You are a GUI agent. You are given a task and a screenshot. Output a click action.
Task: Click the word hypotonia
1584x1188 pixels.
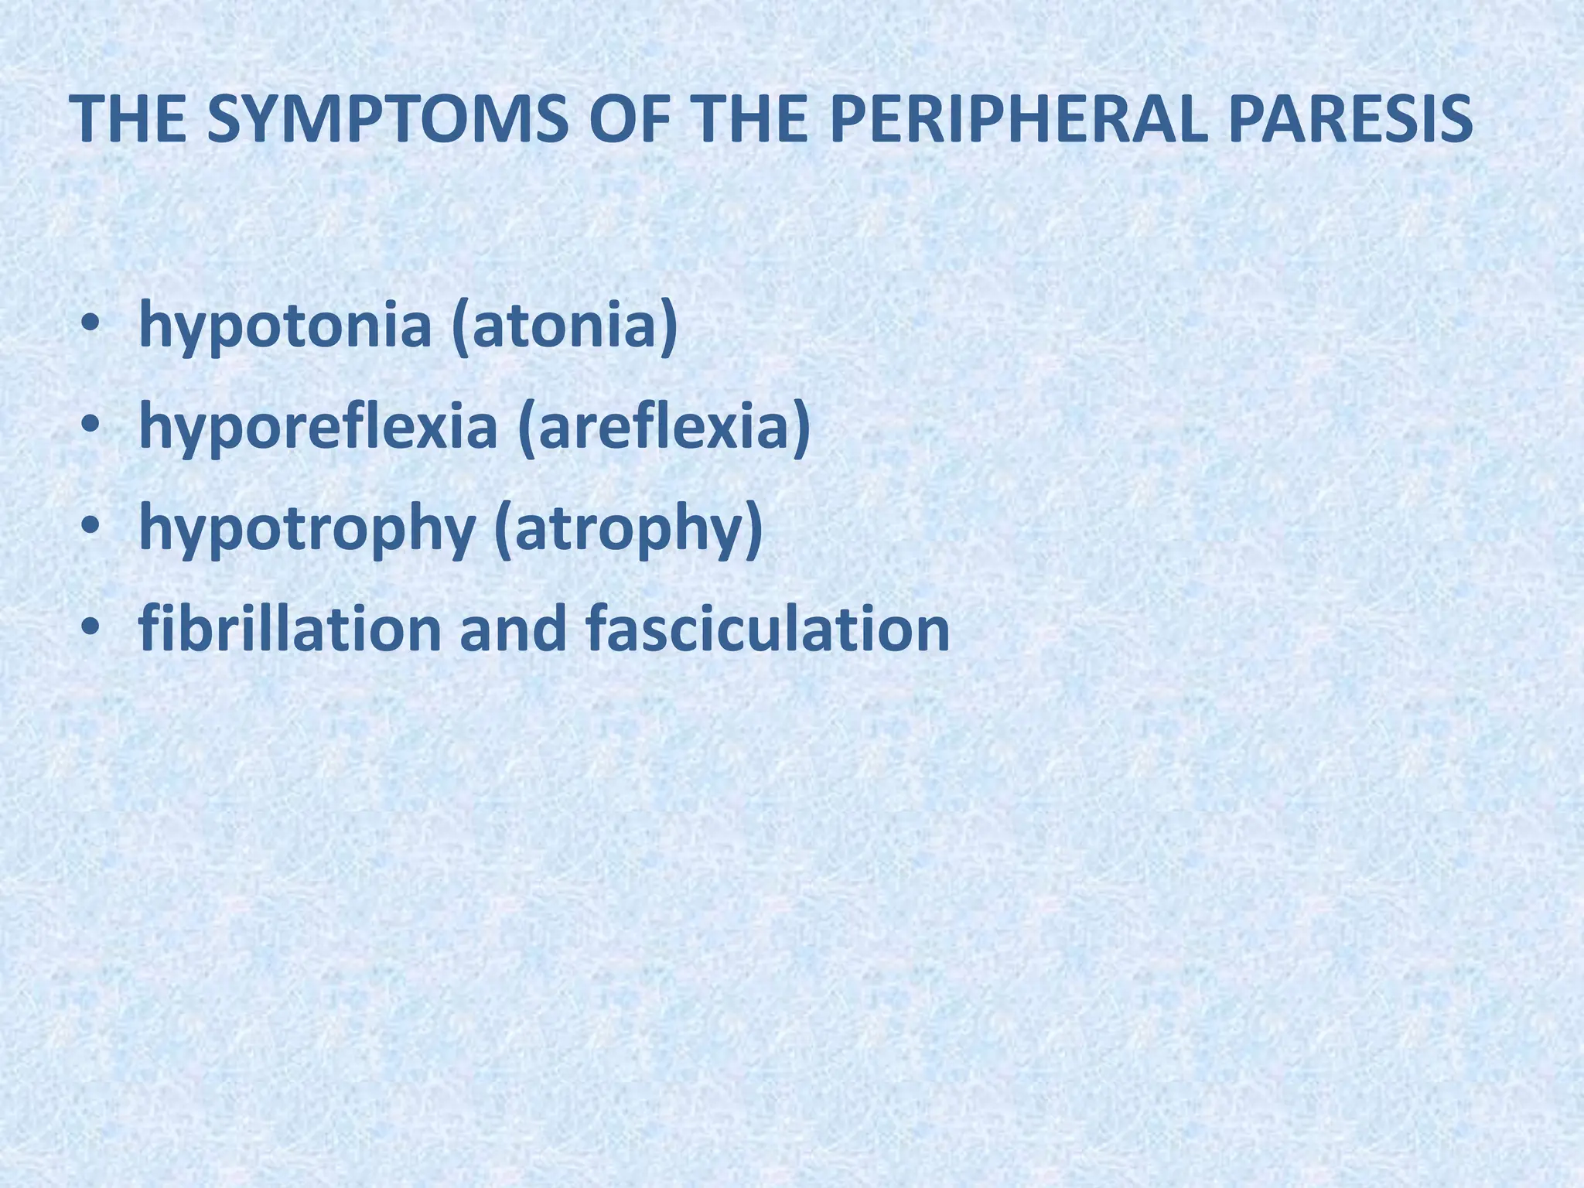click(x=285, y=326)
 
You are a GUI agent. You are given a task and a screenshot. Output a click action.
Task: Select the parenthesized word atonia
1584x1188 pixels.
click(x=565, y=326)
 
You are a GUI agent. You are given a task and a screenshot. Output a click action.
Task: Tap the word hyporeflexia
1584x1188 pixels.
click(x=317, y=428)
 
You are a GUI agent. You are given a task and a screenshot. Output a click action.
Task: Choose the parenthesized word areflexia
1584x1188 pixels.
click(x=665, y=428)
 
